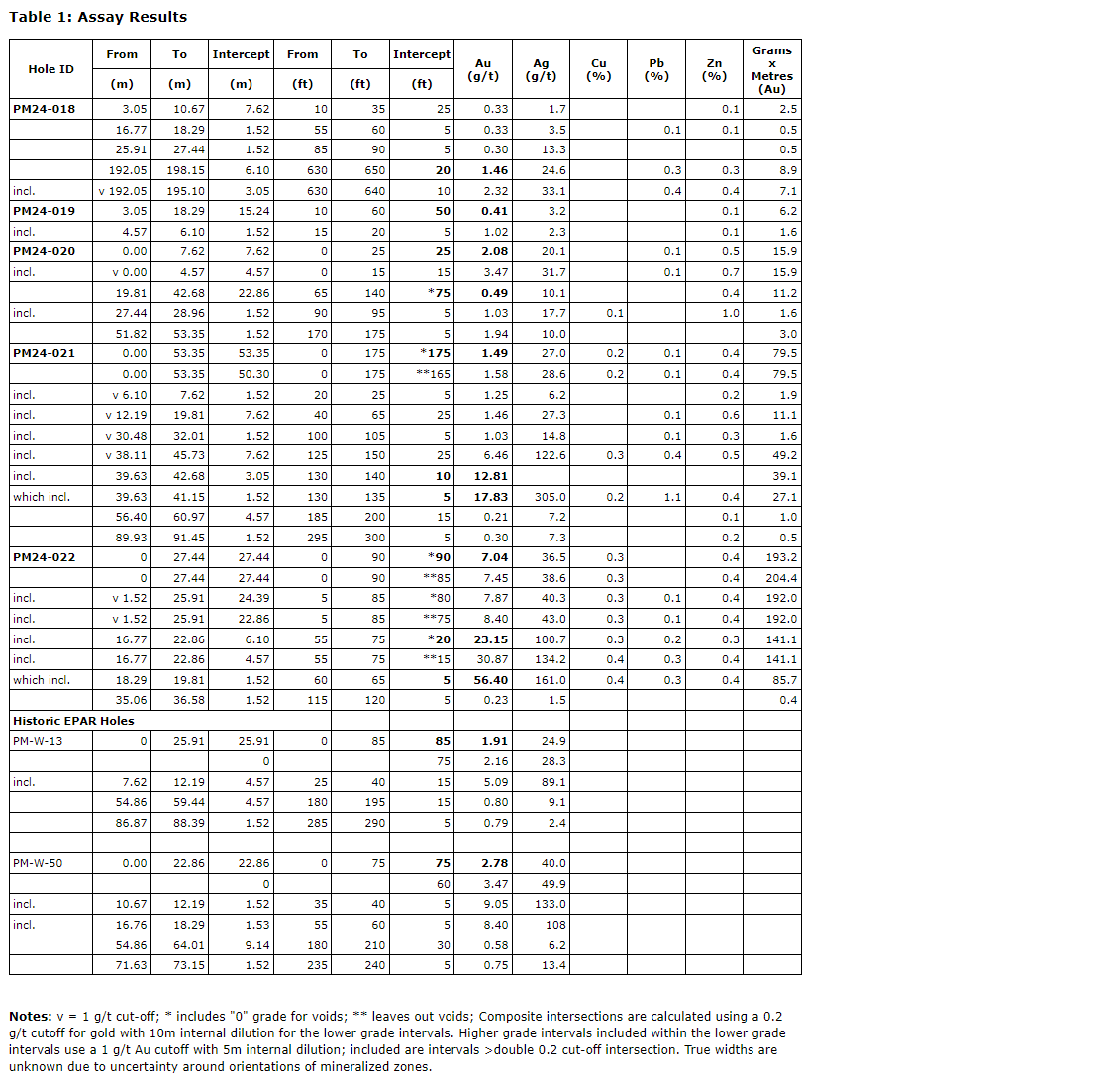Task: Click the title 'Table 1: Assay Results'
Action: (98, 17)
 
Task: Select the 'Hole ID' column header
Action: (50, 69)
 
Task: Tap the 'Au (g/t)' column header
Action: (482, 69)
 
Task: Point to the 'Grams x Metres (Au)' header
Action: (771, 69)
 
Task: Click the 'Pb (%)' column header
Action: (655, 69)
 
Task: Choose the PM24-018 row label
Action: (44, 109)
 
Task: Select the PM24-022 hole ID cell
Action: (44, 557)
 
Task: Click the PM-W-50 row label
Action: (38, 863)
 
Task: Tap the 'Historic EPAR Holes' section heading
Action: (73, 721)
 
